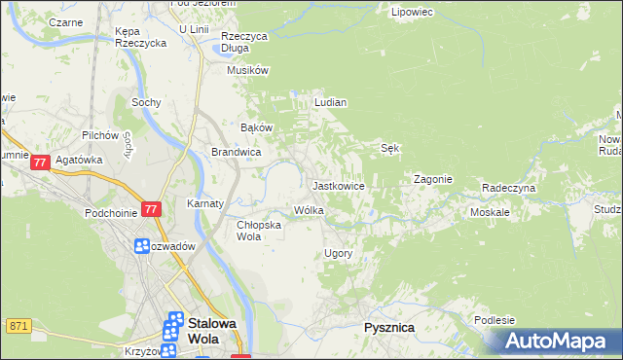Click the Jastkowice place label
click(338, 185)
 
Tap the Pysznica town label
click(388, 328)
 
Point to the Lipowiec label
click(411, 13)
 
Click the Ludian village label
click(331, 101)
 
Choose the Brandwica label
click(236, 152)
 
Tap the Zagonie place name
click(432, 179)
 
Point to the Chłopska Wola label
click(260, 230)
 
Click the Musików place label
click(246, 70)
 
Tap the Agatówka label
click(79, 160)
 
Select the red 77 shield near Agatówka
click(40, 164)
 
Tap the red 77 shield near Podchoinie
click(150, 209)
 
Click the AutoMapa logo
click(556, 342)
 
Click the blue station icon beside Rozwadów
click(142, 246)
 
